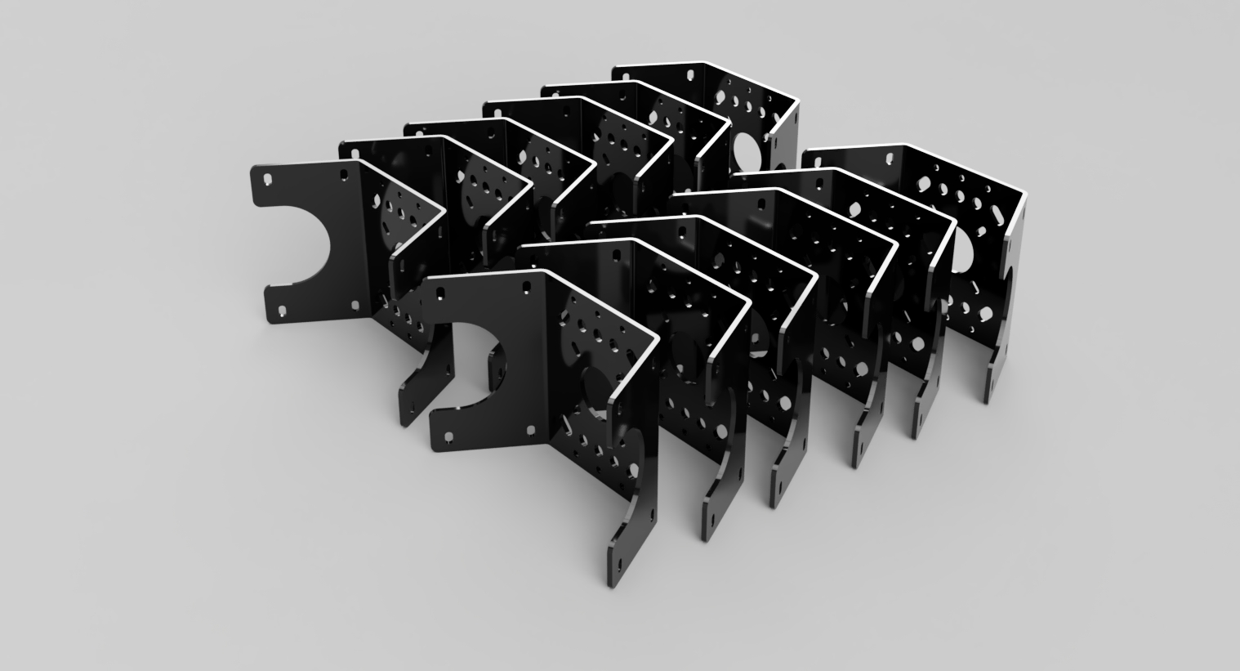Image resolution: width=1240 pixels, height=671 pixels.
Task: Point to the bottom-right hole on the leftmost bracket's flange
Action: (355, 305)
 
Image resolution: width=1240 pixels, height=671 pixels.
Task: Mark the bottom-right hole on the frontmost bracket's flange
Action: (531, 429)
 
